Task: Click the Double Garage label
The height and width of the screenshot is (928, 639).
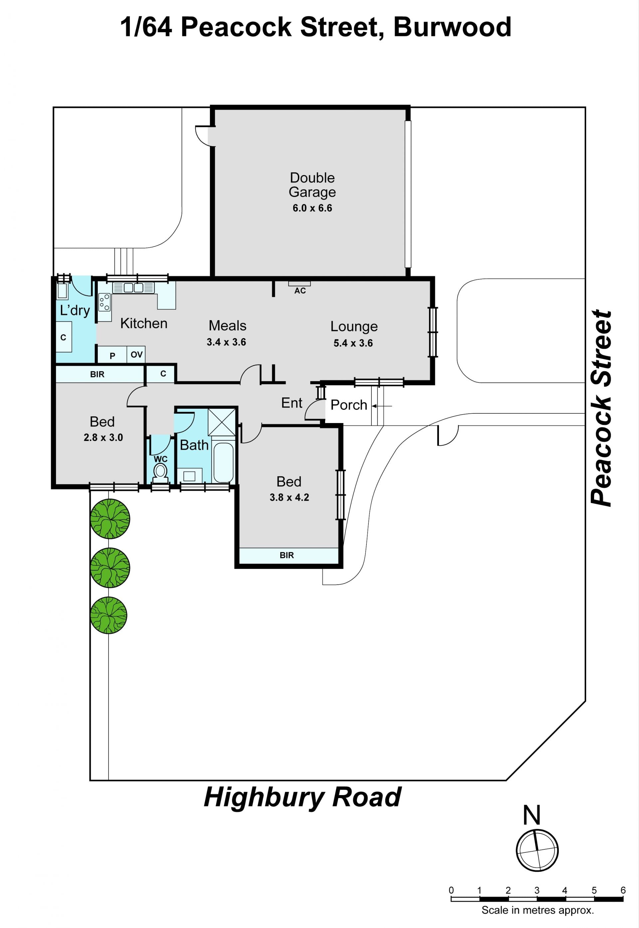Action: tap(312, 185)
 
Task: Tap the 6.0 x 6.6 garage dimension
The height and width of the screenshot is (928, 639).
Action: tap(312, 208)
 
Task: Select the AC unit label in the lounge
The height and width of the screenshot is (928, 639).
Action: tap(300, 290)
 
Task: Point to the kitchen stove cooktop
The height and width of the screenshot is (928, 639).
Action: tap(105, 302)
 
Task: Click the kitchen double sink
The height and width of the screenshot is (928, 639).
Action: tap(133, 287)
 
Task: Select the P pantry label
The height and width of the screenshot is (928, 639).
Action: tap(112, 356)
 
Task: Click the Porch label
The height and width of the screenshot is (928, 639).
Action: tap(349, 405)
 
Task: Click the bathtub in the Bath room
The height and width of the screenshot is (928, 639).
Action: tap(223, 462)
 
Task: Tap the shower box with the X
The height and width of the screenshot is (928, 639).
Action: tap(222, 422)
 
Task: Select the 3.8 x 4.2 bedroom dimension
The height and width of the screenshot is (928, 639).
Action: tap(289, 497)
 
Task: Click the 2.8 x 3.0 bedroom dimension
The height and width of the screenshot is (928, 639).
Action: tap(103, 438)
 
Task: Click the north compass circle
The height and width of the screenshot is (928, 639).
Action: tap(537, 850)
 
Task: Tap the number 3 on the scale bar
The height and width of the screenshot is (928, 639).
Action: tap(537, 890)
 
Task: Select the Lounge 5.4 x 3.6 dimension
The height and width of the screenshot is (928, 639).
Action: tap(353, 343)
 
